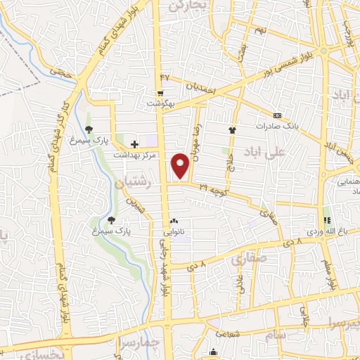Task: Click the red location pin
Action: [x=181, y=165]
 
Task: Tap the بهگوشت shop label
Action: [x=162, y=103]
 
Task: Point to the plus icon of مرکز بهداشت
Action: [x=134, y=143]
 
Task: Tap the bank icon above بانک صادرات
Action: [x=277, y=115]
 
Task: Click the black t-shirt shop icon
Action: [x=232, y=129]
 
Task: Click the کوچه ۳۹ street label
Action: [x=212, y=188]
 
